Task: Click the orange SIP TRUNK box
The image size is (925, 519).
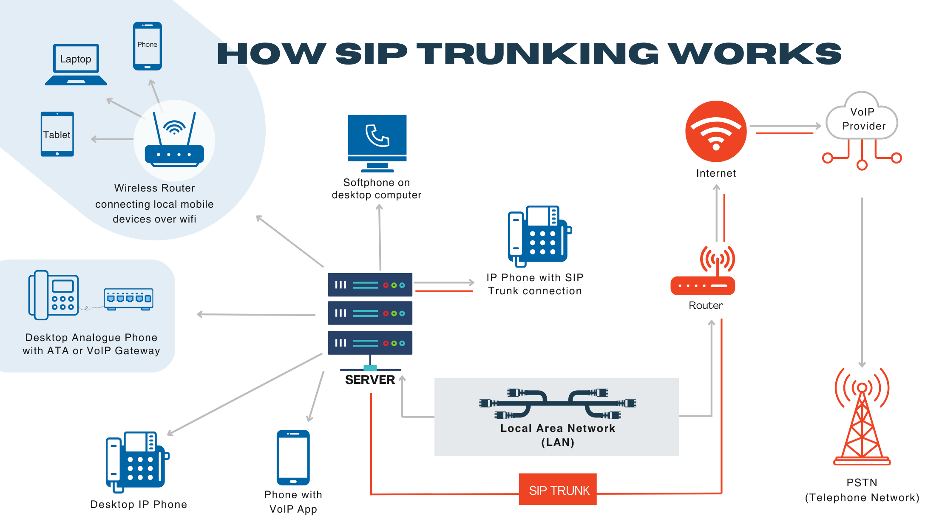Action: point(557,489)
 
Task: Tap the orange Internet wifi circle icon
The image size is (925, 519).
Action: point(716,131)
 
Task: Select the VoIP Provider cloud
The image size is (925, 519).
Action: point(862,118)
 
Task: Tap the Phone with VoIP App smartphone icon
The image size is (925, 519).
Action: point(293,457)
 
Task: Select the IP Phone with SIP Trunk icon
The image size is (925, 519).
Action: point(539,236)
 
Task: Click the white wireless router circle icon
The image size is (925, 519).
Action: point(174,141)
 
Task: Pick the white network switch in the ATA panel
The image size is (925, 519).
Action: point(128,298)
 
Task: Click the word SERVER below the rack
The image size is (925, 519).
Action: point(370,380)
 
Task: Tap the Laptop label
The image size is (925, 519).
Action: point(76,59)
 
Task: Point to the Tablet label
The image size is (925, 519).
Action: point(57,135)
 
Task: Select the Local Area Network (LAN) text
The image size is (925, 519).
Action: point(557,435)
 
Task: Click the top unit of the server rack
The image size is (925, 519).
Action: point(370,285)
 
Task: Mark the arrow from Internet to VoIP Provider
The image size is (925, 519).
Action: point(785,126)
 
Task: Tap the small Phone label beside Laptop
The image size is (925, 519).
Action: point(147,45)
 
